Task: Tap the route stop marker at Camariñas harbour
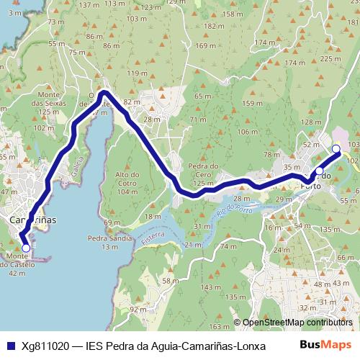pos(27,248)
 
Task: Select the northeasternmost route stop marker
pos(336,149)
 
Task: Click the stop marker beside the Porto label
pos(320,171)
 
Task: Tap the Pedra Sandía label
pos(109,242)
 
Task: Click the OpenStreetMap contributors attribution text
pos(299,322)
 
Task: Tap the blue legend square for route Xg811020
pos(10,345)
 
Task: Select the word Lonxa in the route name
pos(249,345)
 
